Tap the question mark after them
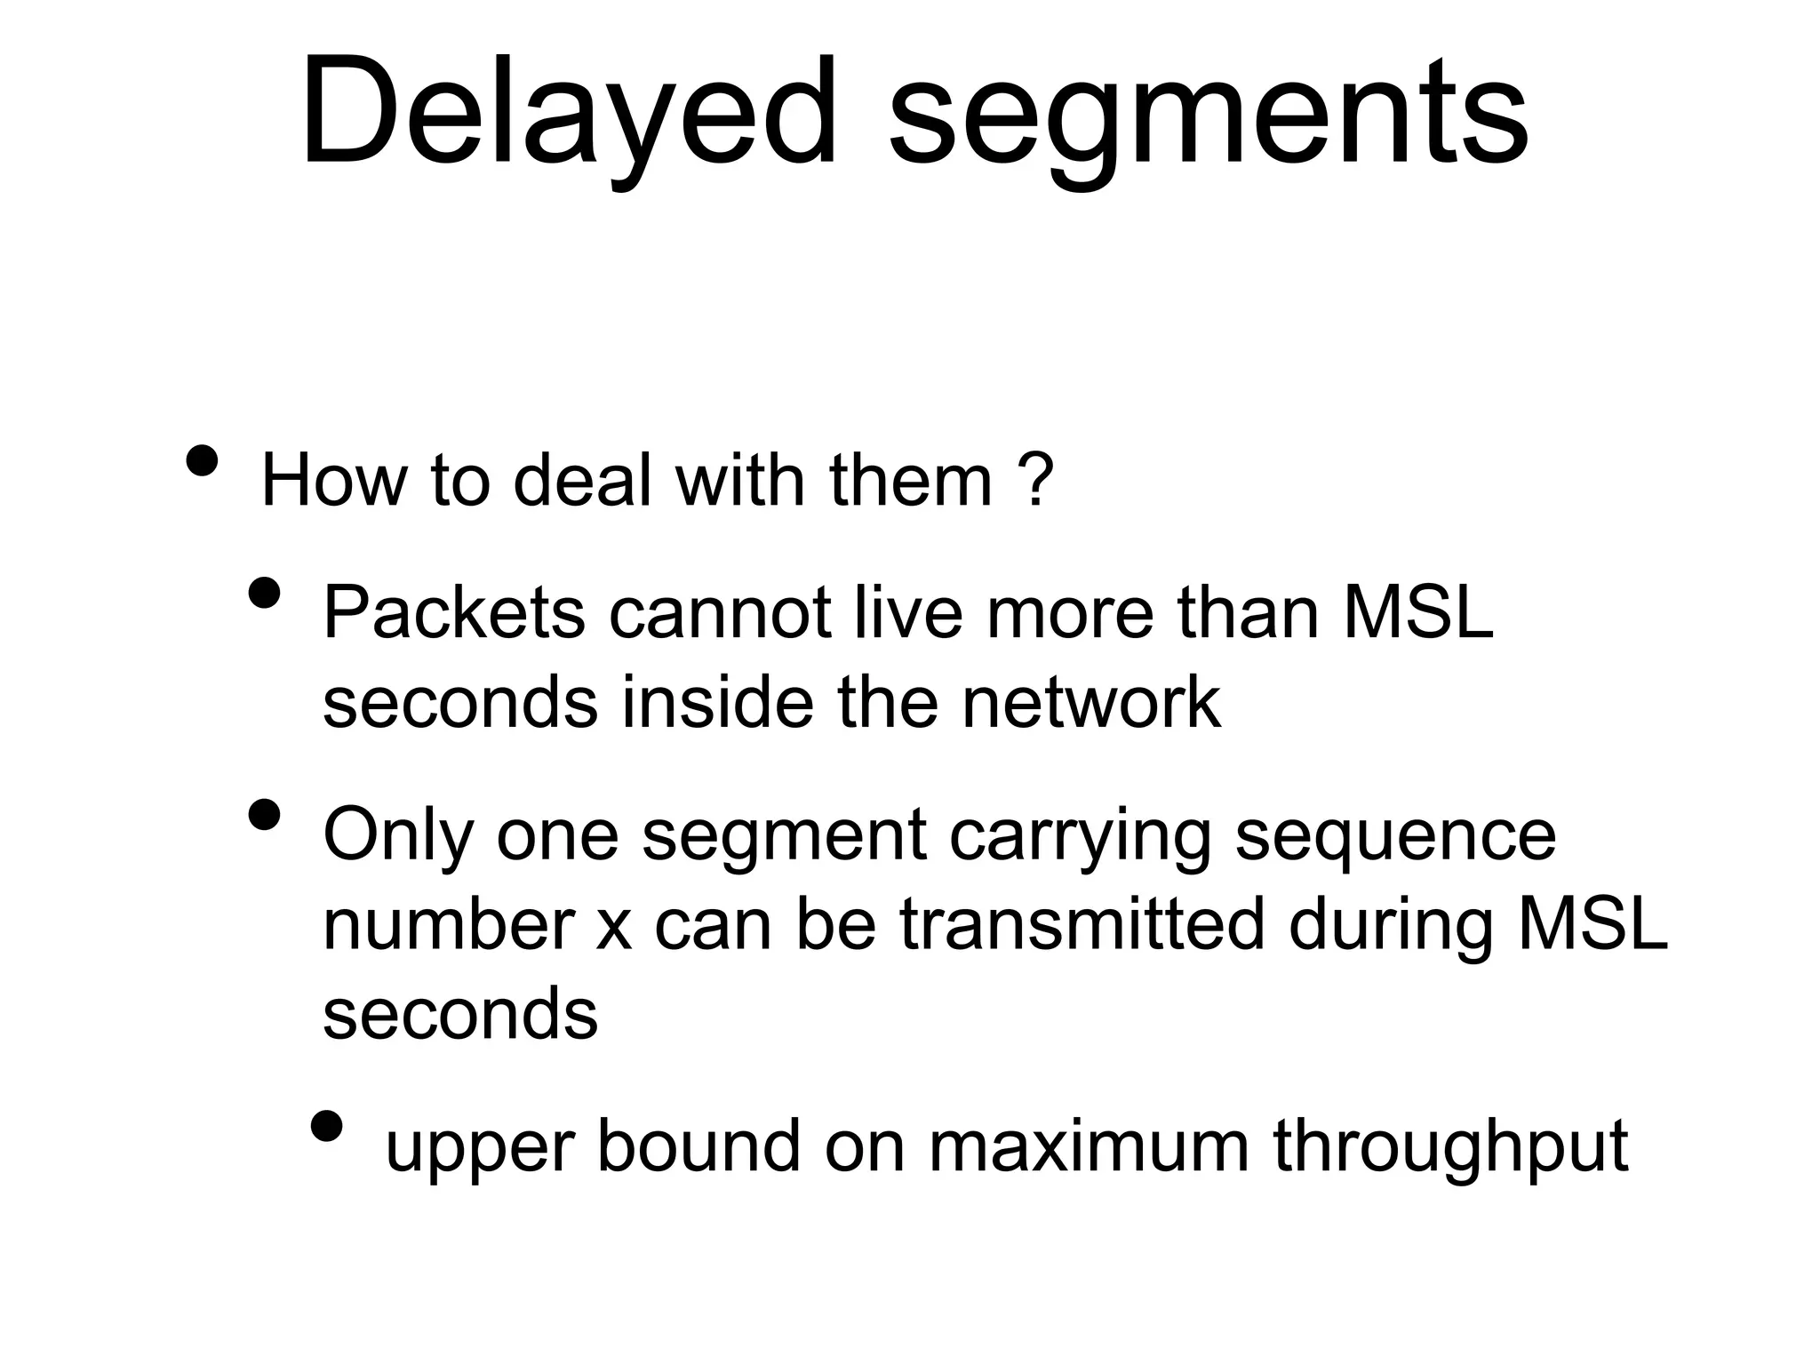[1036, 481]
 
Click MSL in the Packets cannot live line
[1417, 612]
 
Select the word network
[1090, 702]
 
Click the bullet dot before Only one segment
[265, 814]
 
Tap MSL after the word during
[1592, 924]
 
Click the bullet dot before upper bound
[327, 1126]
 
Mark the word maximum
[1090, 1146]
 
